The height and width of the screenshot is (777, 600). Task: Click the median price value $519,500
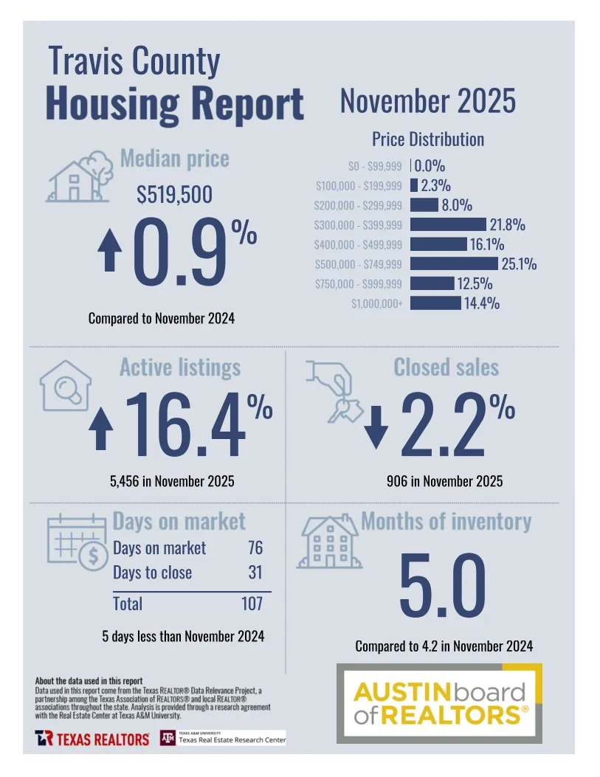pyautogui.click(x=174, y=195)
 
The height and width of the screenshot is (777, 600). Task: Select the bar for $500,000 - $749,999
pyautogui.click(x=454, y=263)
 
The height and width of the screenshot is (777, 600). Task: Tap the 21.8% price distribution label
pyautogui.click(x=508, y=225)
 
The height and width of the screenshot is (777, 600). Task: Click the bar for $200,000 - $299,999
pyautogui.click(x=424, y=205)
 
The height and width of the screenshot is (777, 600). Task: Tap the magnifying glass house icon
pyautogui.click(x=66, y=384)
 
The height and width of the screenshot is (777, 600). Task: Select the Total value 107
pyautogui.click(x=252, y=604)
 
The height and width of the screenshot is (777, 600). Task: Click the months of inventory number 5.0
pyautogui.click(x=443, y=587)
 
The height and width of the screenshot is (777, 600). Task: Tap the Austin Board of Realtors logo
pyautogui.click(x=440, y=703)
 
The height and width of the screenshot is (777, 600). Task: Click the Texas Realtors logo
pyautogui.click(x=92, y=738)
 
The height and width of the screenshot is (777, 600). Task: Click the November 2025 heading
pyautogui.click(x=427, y=101)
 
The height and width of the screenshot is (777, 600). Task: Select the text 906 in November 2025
pyautogui.click(x=444, y=482)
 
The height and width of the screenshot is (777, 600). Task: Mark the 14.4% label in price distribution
pyautogui.click(x=481, y=303)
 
